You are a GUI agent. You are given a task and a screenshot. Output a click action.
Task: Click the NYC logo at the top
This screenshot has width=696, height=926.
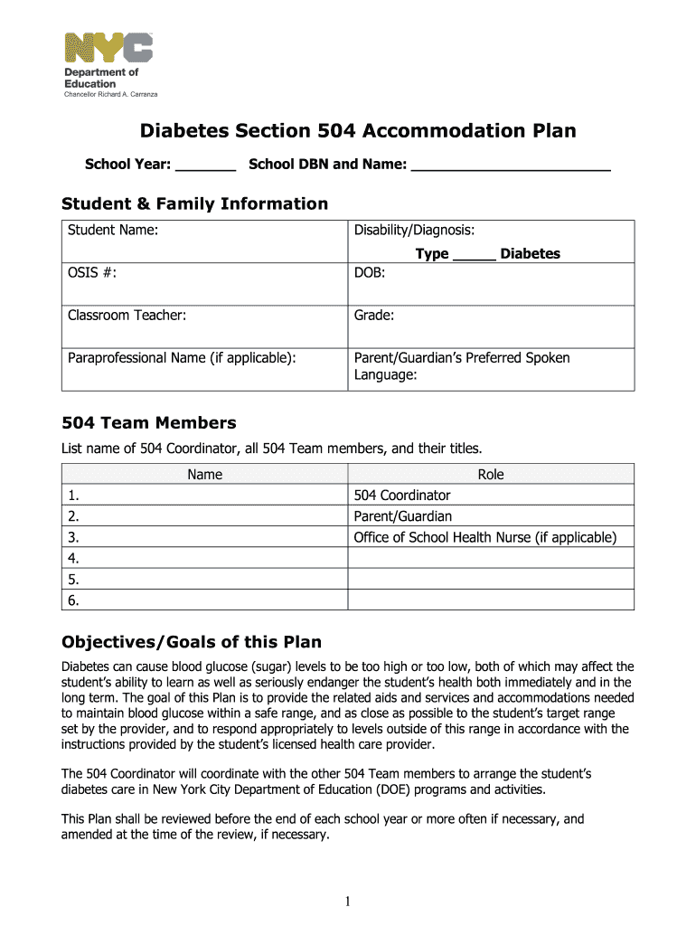[x=108, y=47]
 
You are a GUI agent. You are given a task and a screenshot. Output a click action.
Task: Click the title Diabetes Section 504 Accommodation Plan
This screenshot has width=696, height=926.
[x=357, y=132]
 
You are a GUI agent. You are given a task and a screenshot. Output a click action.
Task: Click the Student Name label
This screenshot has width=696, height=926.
[x=113, y=231]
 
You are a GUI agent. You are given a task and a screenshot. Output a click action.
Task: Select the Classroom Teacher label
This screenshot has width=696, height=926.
[x=127, y=316]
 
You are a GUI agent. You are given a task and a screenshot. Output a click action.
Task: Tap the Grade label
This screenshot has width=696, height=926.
[x=373, y=316]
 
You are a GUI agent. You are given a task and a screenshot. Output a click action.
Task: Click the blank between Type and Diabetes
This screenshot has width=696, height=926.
[x=474, y=255]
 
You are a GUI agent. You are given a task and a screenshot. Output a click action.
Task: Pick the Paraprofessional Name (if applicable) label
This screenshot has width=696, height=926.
[x=182, y=358]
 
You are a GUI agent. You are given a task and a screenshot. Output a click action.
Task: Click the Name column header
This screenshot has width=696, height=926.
[x=204, y=475]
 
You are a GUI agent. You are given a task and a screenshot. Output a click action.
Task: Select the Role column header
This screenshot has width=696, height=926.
[x=491, y=475]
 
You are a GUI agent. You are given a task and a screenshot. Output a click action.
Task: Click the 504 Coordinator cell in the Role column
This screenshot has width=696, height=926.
[x=401, y=496]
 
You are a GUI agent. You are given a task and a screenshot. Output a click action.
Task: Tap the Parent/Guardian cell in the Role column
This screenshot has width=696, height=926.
[x=402, y=516]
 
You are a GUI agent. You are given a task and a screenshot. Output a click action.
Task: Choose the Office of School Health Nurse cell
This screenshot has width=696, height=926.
[x=484, y=538]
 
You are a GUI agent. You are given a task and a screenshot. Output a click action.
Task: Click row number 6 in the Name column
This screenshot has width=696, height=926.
[x=73, y=600]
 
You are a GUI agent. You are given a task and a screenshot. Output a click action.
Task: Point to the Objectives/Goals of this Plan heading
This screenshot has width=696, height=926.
[x=191, y=643]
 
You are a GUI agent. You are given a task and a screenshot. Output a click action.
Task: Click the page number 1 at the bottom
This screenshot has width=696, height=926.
[x=348, y=901]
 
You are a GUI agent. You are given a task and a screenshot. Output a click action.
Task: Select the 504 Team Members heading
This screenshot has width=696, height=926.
[x=148, y=423]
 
